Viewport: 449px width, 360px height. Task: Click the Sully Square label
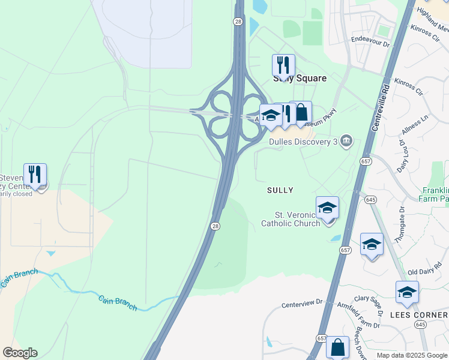click(x=300, y=79)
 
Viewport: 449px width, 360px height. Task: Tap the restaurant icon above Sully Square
click(x=283, y=65)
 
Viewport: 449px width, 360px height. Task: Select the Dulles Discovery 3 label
click(x=303, y=142)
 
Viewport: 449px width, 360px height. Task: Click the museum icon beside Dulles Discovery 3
click(x=346, y=141)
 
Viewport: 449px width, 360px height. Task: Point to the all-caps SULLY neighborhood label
click(x=280, y=190)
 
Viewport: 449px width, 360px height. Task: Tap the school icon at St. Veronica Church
click(x=327, y=208)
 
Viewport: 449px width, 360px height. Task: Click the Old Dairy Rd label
click(x=421, y=272)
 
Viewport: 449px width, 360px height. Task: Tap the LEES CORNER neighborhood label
click(x=419, y=315)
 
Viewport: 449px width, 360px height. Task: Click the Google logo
click(x=20, y=353)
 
